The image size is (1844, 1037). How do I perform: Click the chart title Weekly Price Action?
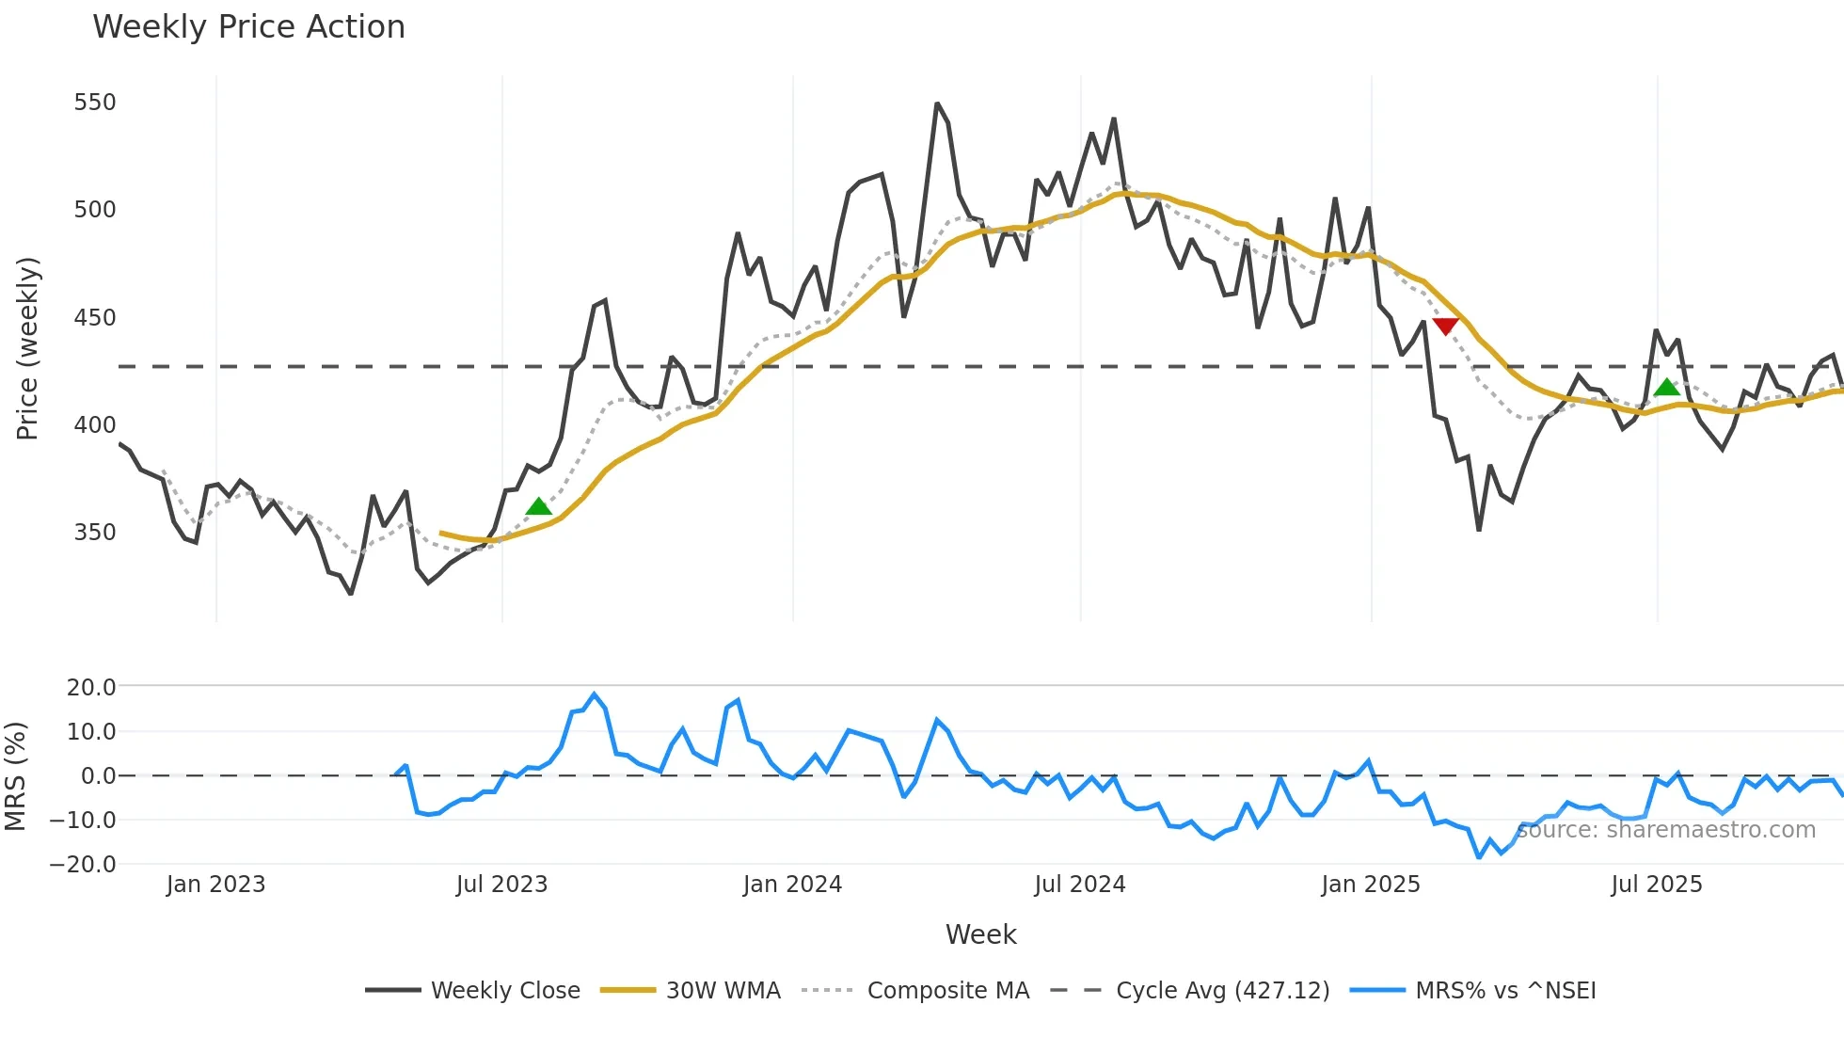coord(248,27)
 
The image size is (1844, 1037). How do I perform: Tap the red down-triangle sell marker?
coord(1445,327)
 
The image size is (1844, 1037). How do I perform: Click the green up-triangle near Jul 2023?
coord(538,507)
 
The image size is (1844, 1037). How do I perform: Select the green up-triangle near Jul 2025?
coord(1666,387)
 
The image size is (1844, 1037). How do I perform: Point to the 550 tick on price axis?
coord(95,103)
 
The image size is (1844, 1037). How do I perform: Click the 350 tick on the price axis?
coord(95,533)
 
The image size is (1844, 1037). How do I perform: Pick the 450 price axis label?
coord(95,318)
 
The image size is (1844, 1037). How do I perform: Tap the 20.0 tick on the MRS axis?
coord(91,688)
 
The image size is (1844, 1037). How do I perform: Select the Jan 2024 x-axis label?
coord(792,885)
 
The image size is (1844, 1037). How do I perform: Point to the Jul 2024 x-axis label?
coord(1080,885)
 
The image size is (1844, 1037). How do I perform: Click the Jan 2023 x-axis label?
coord(215,885)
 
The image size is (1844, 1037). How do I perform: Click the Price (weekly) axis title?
coord(27,348)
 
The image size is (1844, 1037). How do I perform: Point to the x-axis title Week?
coord(980,934)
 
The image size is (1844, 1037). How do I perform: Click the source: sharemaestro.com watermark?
coord(1666,830)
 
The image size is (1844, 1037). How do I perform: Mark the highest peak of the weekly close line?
coord(937,104)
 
